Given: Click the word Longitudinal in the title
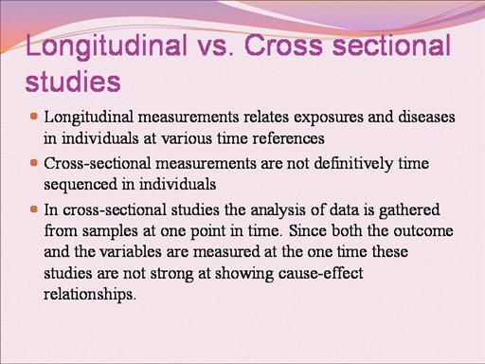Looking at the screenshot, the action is pos(106,47).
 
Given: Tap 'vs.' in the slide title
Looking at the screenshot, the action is pos(216,47).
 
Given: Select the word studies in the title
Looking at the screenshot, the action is pos(73,82).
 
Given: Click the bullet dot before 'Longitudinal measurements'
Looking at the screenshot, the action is pos(34,117).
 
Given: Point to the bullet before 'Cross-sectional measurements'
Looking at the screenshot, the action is pos(34,163).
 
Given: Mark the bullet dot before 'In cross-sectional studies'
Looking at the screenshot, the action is pos(34,209).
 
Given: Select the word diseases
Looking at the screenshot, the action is pos(426,117).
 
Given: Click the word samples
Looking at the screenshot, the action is pos(110,232).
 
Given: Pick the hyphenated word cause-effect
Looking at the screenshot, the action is pos(321,273).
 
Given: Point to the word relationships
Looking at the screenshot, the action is pos(90,295).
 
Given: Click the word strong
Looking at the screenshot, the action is pos(171,274).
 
